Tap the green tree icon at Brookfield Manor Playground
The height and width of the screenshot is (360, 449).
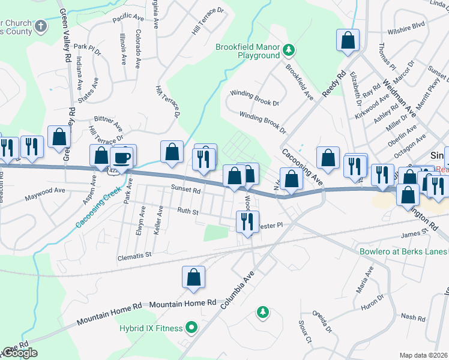pyautogui.click(x=289, y=48)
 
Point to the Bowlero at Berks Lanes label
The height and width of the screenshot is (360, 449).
pyautogui.click(x=403, y=251)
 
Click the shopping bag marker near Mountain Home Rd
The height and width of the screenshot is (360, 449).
pyautogui.click(x=193, y=278)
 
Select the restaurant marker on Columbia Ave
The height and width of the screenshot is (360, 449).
pyautogui.click(x=247, y=222)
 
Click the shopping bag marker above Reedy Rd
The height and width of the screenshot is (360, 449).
pyautogui.click(x=348, y=41)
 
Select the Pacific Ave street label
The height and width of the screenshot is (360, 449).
pyautogui.click(x=126, y=19)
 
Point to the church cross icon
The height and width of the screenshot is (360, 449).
pyautogui.click(x=41, y=26)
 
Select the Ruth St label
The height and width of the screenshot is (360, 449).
pyautogui.click(x=187, y=210)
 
